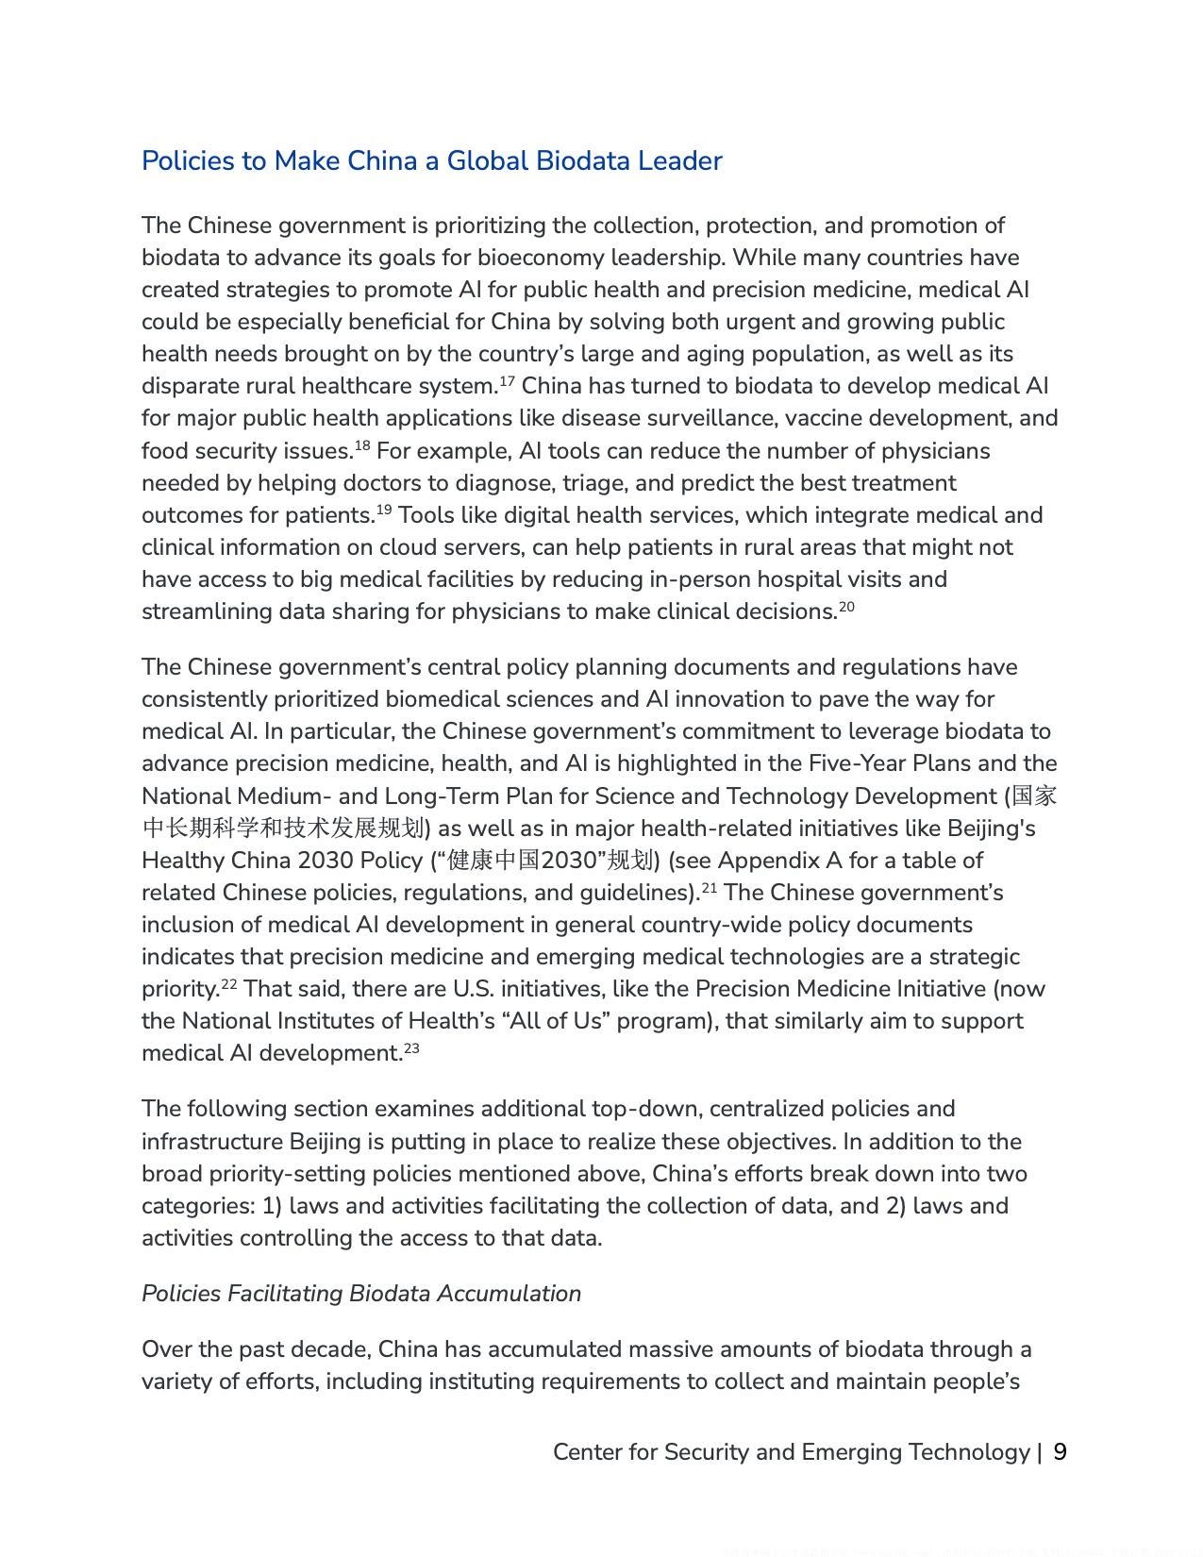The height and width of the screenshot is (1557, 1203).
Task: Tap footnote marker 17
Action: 506,381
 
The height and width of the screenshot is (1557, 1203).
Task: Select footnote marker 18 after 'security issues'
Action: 362,445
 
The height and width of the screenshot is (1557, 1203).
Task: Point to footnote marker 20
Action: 846,606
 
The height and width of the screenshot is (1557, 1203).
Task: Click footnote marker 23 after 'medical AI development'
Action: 411,1047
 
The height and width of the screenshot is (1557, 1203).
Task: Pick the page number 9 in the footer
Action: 1060,1452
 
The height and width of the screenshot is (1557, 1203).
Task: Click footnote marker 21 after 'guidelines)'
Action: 708,887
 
